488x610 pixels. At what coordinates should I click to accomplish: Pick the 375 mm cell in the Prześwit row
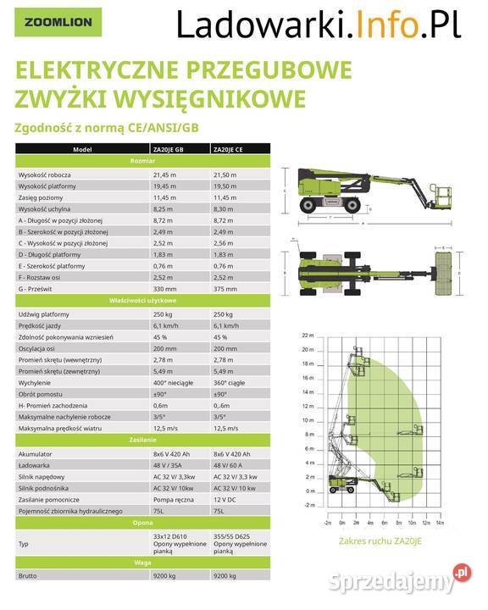224,289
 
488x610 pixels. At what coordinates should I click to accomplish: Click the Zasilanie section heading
141,440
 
